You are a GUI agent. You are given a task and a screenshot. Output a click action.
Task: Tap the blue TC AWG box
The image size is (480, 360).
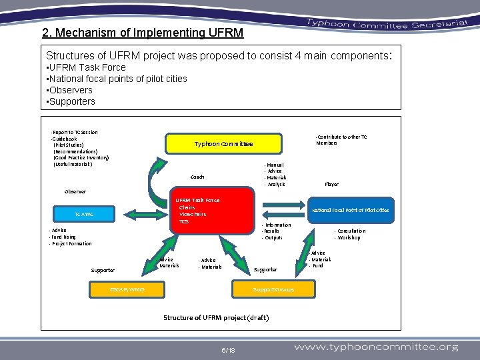[84, 214]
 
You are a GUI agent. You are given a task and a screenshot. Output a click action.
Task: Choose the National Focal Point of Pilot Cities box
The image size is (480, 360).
[351, 210]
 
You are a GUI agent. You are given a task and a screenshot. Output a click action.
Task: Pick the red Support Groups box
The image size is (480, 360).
[273, 289]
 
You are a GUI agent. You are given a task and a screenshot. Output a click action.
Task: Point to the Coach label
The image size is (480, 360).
[197, 177]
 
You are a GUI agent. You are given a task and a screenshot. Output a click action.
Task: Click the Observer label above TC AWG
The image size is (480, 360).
[75, 192]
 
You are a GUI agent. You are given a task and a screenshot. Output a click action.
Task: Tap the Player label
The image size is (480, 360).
[331, 184]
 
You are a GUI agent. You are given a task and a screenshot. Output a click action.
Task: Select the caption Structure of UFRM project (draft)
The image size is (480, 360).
[216, 317]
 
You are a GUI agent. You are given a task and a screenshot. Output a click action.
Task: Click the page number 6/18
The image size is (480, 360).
[227, 349]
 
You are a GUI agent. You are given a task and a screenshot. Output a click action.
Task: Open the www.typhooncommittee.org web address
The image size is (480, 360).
[376, 347]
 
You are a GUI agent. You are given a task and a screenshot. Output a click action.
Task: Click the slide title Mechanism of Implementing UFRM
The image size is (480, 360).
[143, 33]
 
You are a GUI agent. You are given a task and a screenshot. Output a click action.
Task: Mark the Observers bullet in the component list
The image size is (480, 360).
[70, 90]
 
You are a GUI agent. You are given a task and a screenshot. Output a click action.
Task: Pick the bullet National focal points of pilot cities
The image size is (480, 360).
[117, 79]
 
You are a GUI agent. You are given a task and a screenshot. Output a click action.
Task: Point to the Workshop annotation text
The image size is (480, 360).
[349, 237]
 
